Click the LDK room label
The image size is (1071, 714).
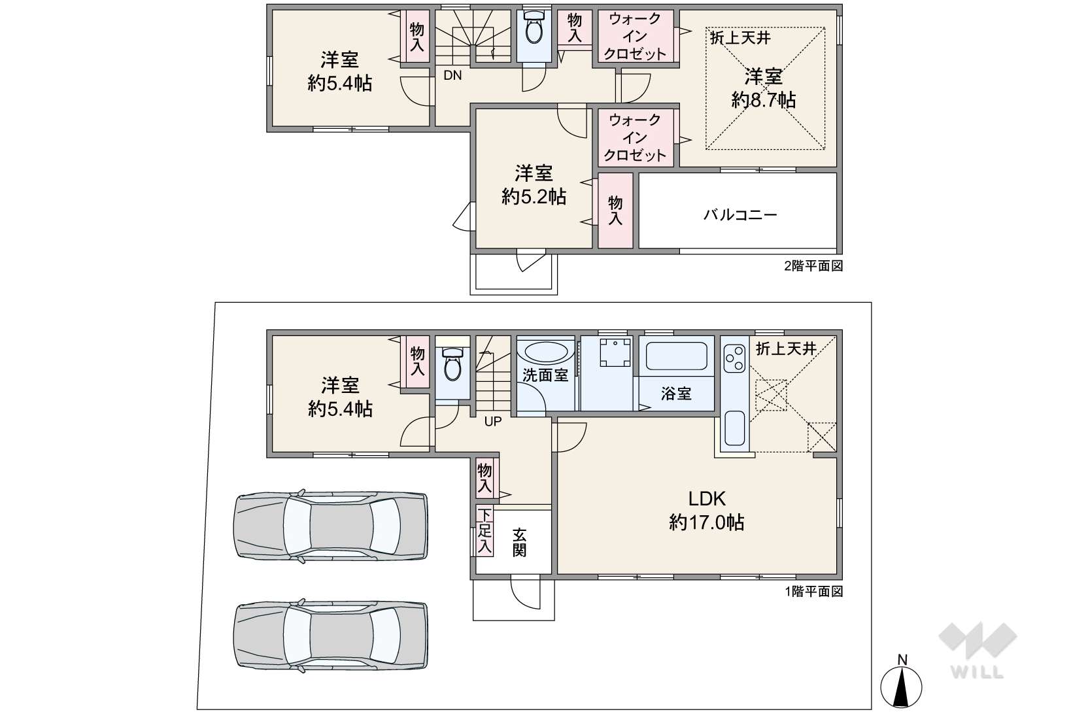pyautogui.click(x=706, y=499)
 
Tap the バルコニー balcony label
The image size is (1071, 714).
pyautogui.click(x=739, y=214)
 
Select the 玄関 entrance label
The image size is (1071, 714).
pyautogui.click(x=519, y=542)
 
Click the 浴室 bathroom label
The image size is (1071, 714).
pyautogui.click(x=676, y=394)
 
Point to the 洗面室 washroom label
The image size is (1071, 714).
pyautogui.click(x=545, y=375)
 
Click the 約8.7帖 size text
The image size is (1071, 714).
pyautogui.click(x=764, y=100)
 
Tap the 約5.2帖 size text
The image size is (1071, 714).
pyautogui.click(x=534, y=197)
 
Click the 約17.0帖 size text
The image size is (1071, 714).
pyautogui.click(x=706, y=522)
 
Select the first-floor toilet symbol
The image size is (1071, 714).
pyautogui.click(x=452, y=364)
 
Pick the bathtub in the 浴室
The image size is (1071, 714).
pyautogui.click(x=677, y=355)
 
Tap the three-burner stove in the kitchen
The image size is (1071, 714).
pyautogui.click(x=734, y=358)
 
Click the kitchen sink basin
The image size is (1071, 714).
pyautogui.click(x=735, y=428)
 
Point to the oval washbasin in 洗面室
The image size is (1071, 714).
pyautogui.click(x=545, y=352)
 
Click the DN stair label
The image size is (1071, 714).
pyautogui.click(x=452, y=75)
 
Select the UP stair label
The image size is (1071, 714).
pyautogui.click(x=493, y=421)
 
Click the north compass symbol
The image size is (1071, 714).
pyautogui.click(x=901, y=682)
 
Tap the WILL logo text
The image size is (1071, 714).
pyautogui.click(x=977, y=672)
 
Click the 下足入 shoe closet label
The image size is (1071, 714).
pyautogui.click(x=484, y=531)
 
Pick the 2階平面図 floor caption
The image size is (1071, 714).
pyautogui.click(x=813, y=266)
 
